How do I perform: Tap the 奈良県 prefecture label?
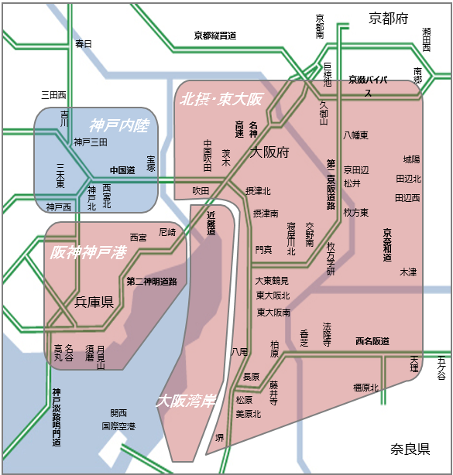pos(410,449)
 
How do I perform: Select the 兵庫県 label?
pos(94,302)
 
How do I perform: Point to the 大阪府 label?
pos(269,152)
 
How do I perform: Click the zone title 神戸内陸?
pos(118,125)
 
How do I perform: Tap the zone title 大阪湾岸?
pos(184,402)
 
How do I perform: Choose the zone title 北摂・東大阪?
pos(221,99)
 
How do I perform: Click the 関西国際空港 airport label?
pos(118,419)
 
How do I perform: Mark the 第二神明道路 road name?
pos(152,281)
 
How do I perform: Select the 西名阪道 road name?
pos(372,341)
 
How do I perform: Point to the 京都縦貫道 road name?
pos(215,35)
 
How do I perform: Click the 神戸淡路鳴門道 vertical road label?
pos(57,418)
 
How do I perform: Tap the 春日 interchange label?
pos(83,44)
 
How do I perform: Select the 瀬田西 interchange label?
pos(427,38)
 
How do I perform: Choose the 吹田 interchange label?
pos(201,190)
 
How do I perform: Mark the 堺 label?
pos(219,437)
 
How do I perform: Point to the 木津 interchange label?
pos(408,272)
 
